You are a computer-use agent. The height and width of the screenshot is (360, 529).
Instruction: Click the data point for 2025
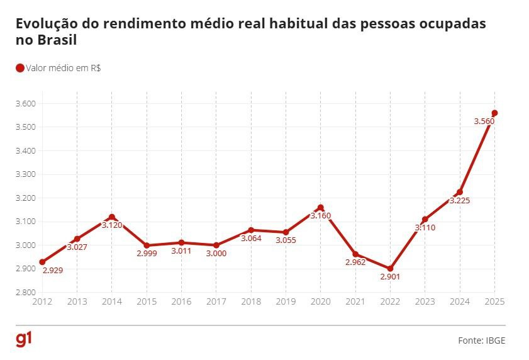(494, 113)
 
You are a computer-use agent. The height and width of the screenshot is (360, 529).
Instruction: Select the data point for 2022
(390, 269)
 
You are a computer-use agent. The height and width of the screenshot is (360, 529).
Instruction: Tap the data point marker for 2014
(112, 217)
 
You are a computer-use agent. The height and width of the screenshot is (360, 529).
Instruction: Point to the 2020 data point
(321, 208)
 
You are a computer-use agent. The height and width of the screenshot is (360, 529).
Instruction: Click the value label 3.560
(484, 121)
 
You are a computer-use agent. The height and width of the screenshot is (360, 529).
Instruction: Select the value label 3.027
(77, 247)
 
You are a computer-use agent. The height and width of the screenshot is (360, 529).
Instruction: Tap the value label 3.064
(251, 239)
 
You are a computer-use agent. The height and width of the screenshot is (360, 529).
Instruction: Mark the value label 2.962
(355, 262)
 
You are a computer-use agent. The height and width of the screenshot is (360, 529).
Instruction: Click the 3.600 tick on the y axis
(26, 103)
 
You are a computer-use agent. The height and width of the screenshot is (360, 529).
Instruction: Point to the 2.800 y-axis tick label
(26, 293)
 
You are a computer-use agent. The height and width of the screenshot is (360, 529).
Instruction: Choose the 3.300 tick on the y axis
(26, 174)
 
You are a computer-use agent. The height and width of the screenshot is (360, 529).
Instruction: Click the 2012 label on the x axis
(42, 303)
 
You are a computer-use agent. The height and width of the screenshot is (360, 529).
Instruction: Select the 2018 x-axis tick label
(251, 303)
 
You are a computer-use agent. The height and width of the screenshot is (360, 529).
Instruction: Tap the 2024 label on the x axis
(459, 303)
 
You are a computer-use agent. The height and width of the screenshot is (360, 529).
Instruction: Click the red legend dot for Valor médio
(19, 68)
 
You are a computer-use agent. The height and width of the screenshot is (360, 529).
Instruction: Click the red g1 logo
(24, 339)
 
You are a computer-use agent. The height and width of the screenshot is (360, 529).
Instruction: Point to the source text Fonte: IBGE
(481, 340)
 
